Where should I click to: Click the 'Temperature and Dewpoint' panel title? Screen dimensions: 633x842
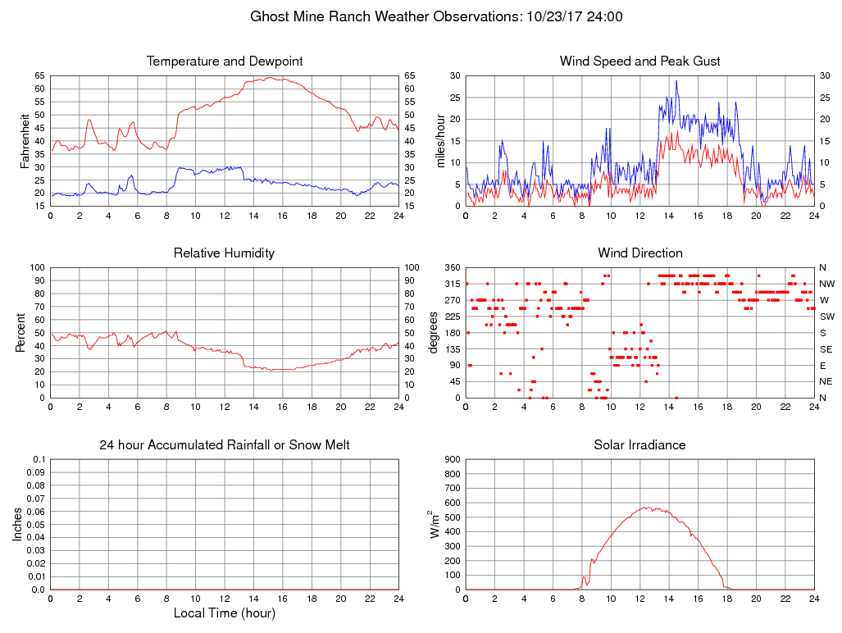(x=225, y=61)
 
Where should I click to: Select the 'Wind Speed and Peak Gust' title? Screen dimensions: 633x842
(x=639, y=61)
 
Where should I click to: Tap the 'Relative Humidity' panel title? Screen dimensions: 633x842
(x=225, y=253)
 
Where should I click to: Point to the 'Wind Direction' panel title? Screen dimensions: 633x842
(x=639, y=253)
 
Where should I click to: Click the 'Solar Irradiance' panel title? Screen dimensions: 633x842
(x=639, y=445)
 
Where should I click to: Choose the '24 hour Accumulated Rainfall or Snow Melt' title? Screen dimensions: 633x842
(x=225, y=445)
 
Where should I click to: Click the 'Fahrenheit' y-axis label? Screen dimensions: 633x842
(x=25, y=141)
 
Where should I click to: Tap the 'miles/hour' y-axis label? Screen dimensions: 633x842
(x=441, y=141)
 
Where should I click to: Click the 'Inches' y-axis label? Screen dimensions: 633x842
(x=18, y=525)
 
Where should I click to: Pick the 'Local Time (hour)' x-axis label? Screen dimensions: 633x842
(x=225, y=613)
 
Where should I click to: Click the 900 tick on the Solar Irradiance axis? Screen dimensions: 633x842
(x=453, y=460)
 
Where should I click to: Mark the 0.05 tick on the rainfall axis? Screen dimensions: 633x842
(x=38, y=525)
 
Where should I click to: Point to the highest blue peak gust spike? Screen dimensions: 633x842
(x=676, y=80)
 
